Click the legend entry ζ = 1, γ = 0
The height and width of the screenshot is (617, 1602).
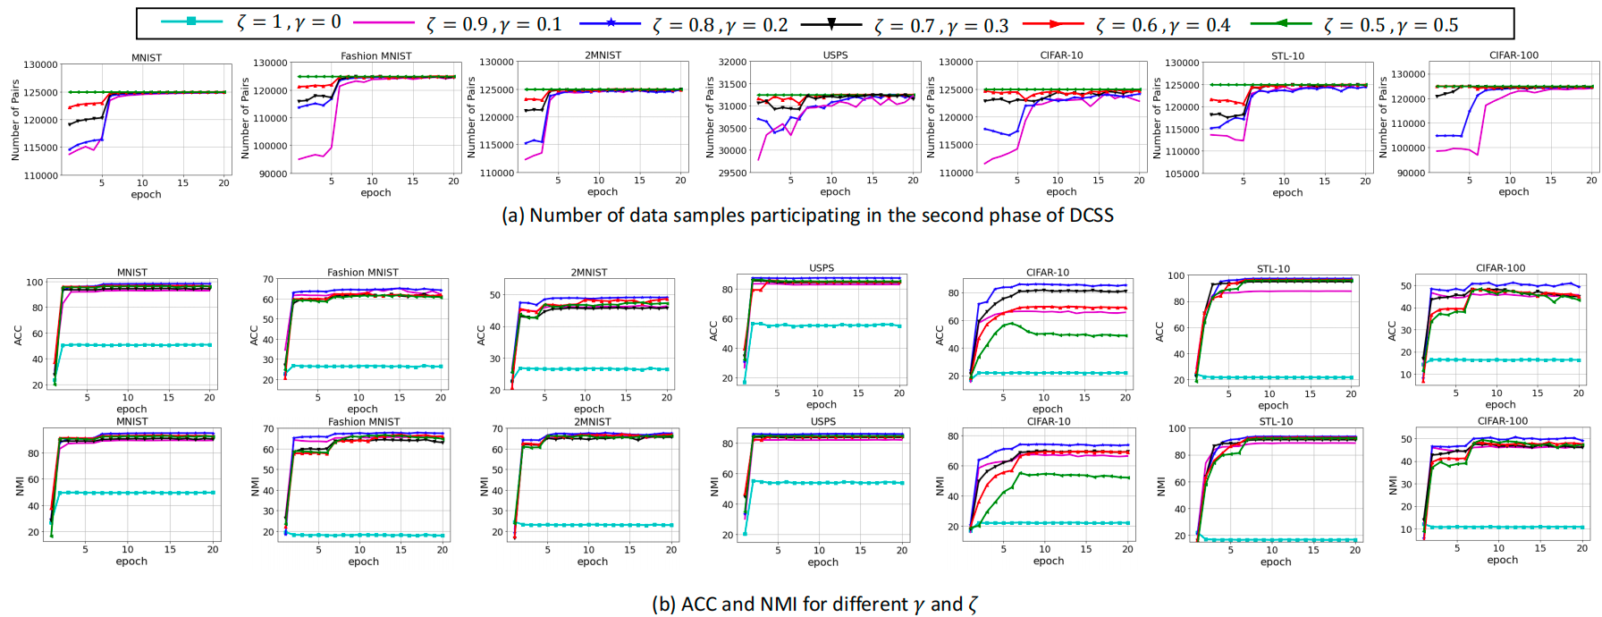pos(289,22)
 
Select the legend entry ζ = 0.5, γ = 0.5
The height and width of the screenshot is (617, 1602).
pos(1390,25)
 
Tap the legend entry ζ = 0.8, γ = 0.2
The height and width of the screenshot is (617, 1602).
pos(720,25)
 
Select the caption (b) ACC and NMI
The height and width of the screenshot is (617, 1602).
pos(814,604)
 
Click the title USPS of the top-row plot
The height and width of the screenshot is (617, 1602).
pos(835,55)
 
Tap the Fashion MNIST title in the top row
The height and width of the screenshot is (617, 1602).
pos(375,55)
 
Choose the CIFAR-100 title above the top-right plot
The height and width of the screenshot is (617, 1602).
pos(1513,55)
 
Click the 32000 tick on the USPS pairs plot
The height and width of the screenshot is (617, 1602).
pos(732,63)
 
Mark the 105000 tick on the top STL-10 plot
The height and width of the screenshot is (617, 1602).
pos(1182,173)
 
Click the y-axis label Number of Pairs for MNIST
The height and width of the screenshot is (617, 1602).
pos(15,120)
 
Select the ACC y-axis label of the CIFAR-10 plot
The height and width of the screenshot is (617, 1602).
pos(940,334)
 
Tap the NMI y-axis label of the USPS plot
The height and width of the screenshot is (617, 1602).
pos(714,486)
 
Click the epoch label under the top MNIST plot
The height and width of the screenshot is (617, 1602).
pos(146,195)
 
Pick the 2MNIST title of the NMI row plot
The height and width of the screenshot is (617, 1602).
pos(592,422)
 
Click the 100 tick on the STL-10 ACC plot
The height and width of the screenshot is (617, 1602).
pos(1176,276)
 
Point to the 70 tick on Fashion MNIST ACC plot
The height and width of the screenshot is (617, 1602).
pos(267,280)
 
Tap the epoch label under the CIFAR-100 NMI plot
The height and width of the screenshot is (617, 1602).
pos(1502,561)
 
